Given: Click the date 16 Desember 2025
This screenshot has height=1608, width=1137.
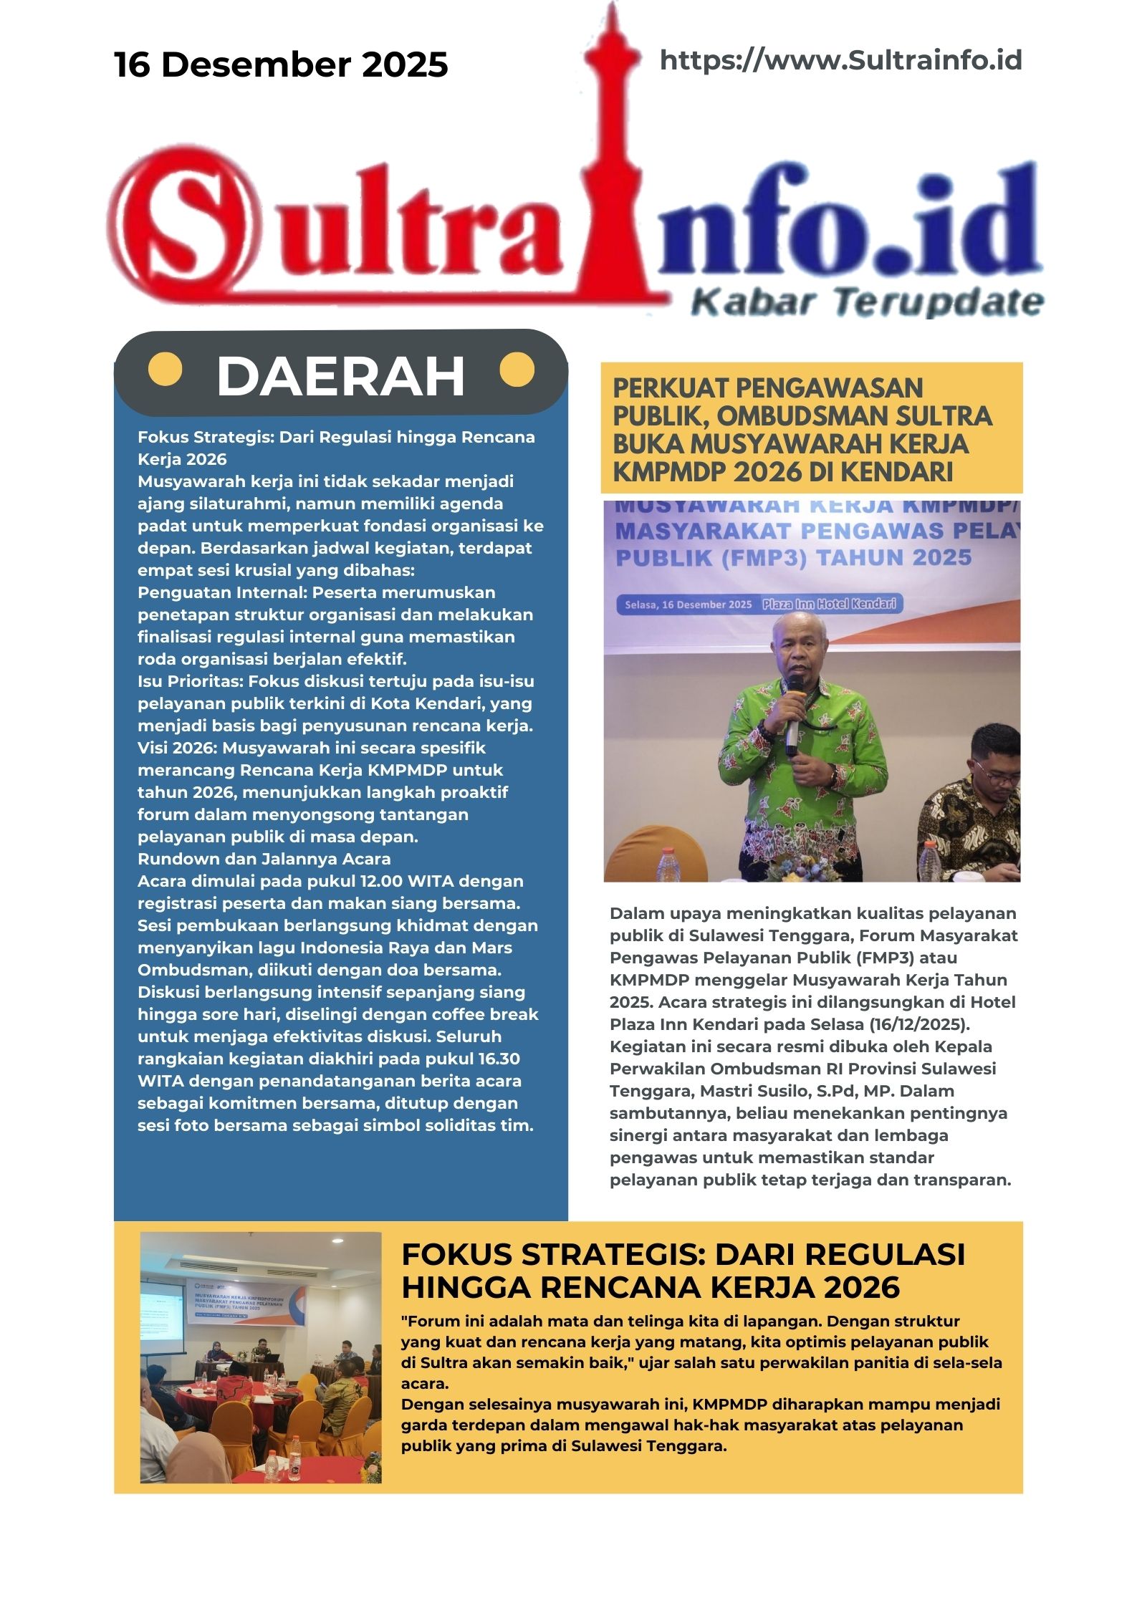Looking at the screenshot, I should [281, 64].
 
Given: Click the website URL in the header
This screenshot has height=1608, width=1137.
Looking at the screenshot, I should [840, 60].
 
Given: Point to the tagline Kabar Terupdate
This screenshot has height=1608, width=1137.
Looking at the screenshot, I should [866, 302].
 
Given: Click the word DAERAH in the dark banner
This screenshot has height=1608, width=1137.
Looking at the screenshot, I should [340, 376].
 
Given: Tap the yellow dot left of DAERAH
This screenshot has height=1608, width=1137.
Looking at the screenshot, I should [165, 370].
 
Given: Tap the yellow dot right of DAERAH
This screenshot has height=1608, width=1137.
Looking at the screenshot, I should [517, 370].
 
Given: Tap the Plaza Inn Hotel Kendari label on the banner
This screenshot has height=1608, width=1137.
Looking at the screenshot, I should [828, 604].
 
